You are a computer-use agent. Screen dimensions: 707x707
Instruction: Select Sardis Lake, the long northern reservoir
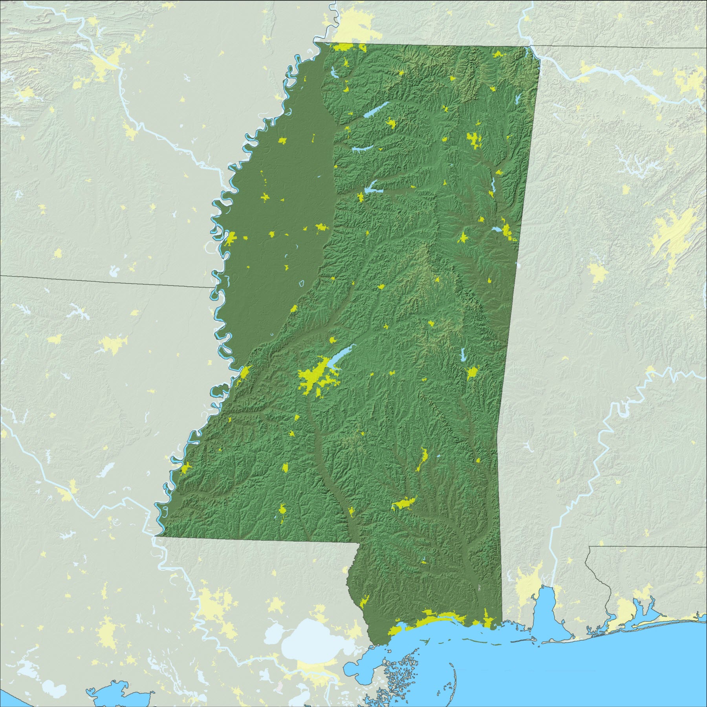point(375,110)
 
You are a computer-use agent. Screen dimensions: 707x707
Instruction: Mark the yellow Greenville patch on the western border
point(231,238)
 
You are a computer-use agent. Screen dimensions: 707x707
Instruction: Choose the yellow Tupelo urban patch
point(473,139)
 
